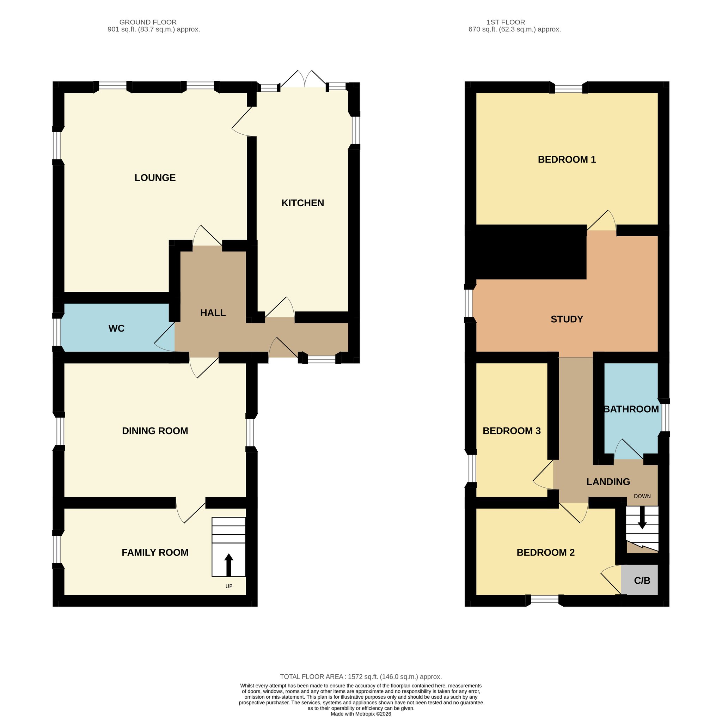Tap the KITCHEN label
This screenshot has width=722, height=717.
(x=303, y=203)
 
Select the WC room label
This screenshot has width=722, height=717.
(x=117, y=329)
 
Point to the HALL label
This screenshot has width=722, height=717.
(x=213, y=313)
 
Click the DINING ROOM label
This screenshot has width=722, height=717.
(x=155, y=431)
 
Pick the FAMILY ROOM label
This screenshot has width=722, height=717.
(x=155, y=553)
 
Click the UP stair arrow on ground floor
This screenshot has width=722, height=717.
(x=229, y=565)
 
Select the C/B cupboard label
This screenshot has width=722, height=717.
(x=642, y=581)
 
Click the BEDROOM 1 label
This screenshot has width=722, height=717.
(x=567, y=160)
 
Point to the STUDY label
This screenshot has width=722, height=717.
(x=567, y=319)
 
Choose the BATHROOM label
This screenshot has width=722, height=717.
(x=631, y=409)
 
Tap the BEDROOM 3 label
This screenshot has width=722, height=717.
(x=512, y=431)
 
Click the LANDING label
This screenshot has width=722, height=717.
(x=608, y=482)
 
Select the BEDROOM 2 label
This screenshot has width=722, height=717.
(x=546, y=553)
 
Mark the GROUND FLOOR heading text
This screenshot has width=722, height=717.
(x=148, y=23)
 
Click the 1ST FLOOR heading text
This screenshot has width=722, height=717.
(x=506, y=23)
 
